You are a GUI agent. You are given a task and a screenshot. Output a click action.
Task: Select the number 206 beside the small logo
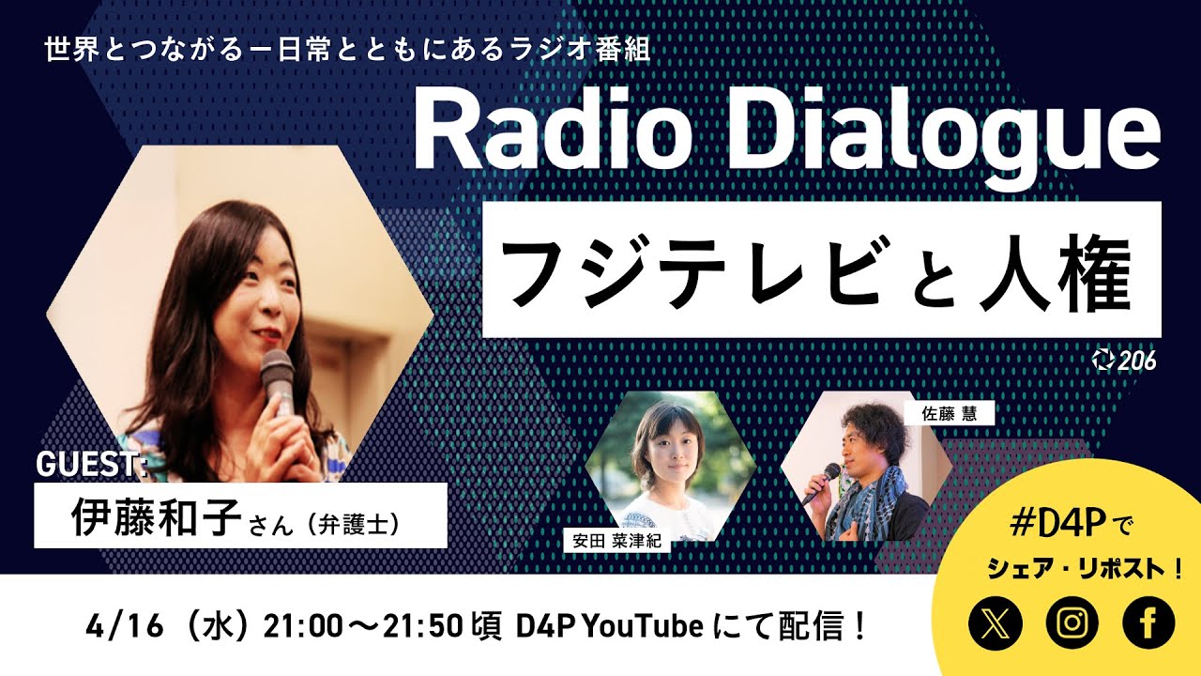coord(1137,360)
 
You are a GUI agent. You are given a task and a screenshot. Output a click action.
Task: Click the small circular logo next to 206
coord(1103,360)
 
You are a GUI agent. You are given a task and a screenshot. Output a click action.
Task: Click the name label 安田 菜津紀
coord(615,541)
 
